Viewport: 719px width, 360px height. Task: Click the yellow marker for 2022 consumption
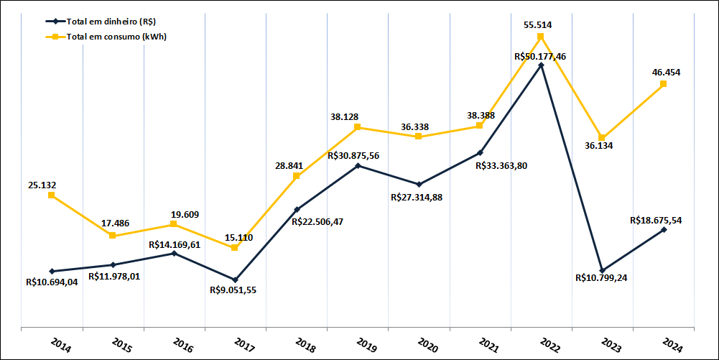pos(540,37)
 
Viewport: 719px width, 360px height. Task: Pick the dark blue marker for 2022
pos(541,65)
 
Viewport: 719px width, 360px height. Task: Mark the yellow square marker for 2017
pos(235,248)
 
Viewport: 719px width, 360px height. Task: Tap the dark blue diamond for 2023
pos(602,270)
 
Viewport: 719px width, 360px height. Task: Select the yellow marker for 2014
pos(52,195)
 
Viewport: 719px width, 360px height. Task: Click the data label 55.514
pos(537,25)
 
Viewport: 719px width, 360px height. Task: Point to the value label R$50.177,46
pos(540,55)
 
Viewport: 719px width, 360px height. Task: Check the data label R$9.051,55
pos(234,290)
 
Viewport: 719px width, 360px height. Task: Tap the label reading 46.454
pos(666,73)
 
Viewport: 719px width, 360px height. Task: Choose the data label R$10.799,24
pos(602,278)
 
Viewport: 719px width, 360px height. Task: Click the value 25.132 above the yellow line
pos(42,185)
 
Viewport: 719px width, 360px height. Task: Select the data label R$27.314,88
pos(417,197)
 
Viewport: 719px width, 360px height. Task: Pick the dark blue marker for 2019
pos(358,165)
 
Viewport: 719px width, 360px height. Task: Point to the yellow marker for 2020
pos(418,137)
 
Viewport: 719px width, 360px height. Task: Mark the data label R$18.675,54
pos(655,220)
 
